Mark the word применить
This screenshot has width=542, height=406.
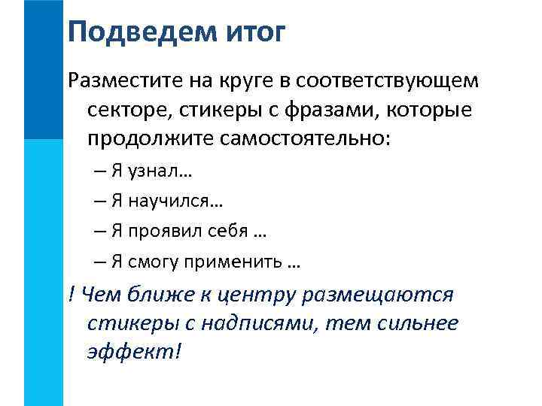[229, 261]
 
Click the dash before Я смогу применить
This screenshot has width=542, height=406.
[100, 261]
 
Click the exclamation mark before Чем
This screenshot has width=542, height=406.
[71, 294]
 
